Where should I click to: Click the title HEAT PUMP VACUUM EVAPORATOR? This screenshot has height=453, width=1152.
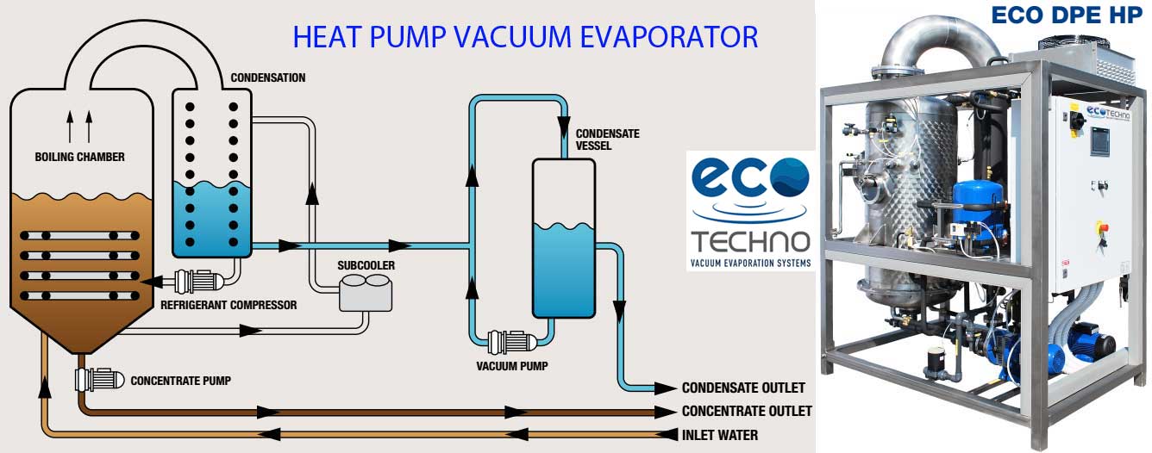[x=525, y=36]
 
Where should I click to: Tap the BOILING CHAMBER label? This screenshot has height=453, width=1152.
[x=79, y=157]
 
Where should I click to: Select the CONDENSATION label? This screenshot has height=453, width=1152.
[x=268, y=78]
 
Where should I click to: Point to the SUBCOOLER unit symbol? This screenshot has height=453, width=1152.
[x=366, y=293]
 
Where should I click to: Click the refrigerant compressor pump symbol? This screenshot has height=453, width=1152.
[x=199, y=281]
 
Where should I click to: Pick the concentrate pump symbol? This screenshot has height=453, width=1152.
[x=100, y=380]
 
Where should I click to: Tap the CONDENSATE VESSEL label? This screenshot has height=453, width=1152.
[x=607, y=140]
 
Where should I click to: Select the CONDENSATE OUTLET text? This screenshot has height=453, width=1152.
[x=743, y=388]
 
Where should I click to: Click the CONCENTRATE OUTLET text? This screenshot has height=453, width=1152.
[x=747, y=411]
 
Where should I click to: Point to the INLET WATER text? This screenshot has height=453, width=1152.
[x=719, y=435]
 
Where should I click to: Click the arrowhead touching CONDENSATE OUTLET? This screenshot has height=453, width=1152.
[x=665, y=388]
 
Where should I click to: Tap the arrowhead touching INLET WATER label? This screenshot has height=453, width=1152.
[x=667, y=435]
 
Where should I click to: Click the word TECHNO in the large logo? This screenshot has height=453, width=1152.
[x=750, y=242]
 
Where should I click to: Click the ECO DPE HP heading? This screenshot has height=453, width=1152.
[x=1067, y=15]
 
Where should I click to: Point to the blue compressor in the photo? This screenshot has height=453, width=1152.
[x=979, y=215]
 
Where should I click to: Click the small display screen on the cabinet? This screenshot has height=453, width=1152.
[x=1100, y=140]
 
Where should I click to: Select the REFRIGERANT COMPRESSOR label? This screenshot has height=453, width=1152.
[x=229, y=305]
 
